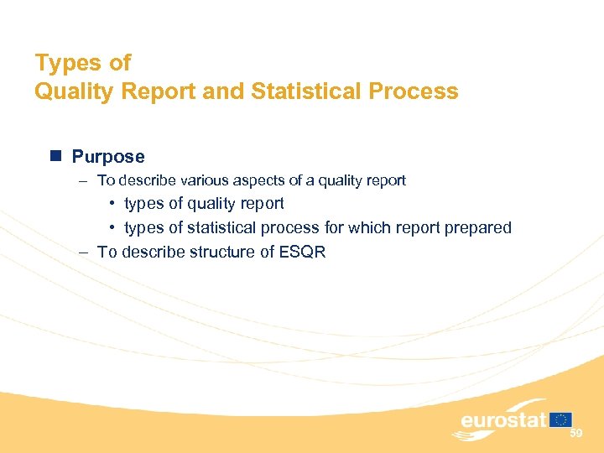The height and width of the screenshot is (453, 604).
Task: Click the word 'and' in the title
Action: pos(223,91)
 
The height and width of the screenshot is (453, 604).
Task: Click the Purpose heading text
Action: pos(108,157)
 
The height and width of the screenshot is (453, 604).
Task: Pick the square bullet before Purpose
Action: pos(55,156)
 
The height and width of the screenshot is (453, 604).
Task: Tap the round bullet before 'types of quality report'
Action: pos(112,204)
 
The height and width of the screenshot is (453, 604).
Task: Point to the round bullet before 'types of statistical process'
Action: pos(112,228)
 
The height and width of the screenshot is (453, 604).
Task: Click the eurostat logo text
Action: pos(503,420)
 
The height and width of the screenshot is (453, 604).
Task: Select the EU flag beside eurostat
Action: pos(562,419)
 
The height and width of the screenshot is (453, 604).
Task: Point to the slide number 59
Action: pos(575,434)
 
